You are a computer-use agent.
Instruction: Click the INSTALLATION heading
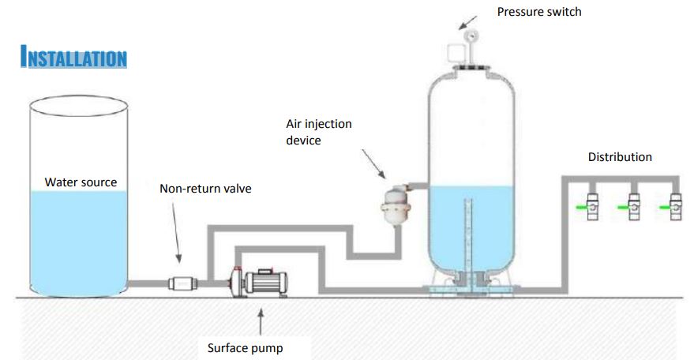(x=73, y=58)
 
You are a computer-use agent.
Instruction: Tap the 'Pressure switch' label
(x=539, y=12)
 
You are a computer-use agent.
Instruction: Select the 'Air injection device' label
(x=319, y=131)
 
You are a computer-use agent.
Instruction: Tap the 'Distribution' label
(x=620, y=157)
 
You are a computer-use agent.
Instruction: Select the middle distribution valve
(x=633, y=206)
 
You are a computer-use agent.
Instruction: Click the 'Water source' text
(x=81, y=182)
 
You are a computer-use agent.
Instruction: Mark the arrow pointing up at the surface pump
(x=261, y=321)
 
